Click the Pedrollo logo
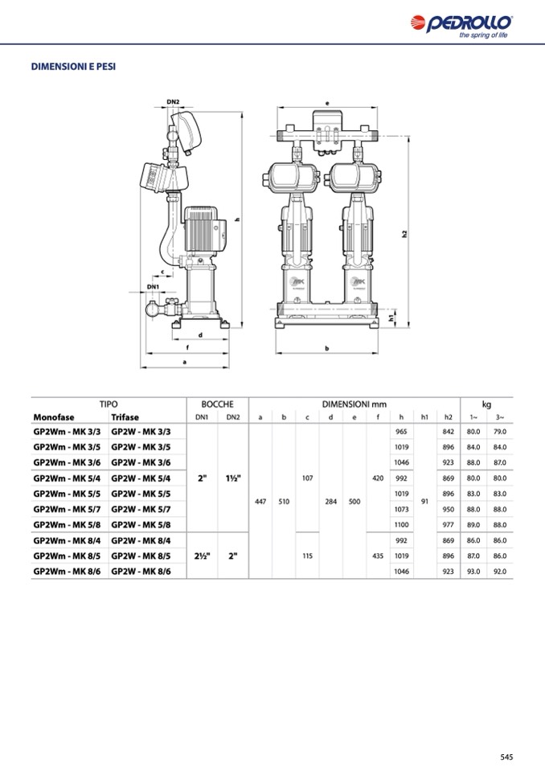[461, 26]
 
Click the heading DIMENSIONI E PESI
[73, 67]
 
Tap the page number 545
[506, 757]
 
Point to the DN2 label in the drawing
[173, 102]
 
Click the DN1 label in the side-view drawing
[153, 286]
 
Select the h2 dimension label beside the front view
[404, 234]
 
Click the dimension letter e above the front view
[327, 103]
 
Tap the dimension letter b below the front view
[327, 348]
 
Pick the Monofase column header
[54, 417]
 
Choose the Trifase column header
[125, 417]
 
